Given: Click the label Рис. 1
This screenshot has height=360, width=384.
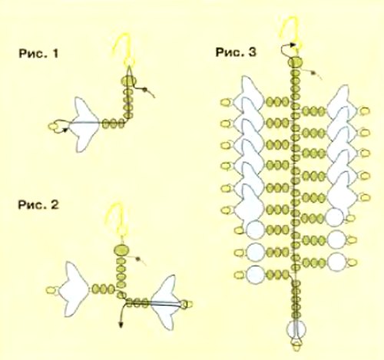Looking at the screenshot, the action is tap(38, 54).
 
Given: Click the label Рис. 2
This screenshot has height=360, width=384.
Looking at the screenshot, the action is tap(38, 205).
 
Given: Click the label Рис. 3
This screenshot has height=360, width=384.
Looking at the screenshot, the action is tap(236, 52).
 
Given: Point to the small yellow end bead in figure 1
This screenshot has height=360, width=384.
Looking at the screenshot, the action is tap(54, 127).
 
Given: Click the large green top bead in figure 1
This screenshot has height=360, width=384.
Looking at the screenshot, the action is tap(128, 81).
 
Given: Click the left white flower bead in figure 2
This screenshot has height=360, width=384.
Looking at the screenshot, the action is tap(76, 289).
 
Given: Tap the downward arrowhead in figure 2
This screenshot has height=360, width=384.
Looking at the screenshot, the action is tap(121, 325).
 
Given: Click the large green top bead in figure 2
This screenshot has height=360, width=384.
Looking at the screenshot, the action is tap(121, 250).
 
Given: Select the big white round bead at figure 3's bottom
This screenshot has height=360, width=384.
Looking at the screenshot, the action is tap(296, 329).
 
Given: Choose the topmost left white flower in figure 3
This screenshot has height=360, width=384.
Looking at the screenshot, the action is tap(249, 92).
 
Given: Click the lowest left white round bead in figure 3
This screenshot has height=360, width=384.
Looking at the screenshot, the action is tap(255, 275).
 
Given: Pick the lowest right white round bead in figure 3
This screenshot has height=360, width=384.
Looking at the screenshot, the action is tap(337, 263).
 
